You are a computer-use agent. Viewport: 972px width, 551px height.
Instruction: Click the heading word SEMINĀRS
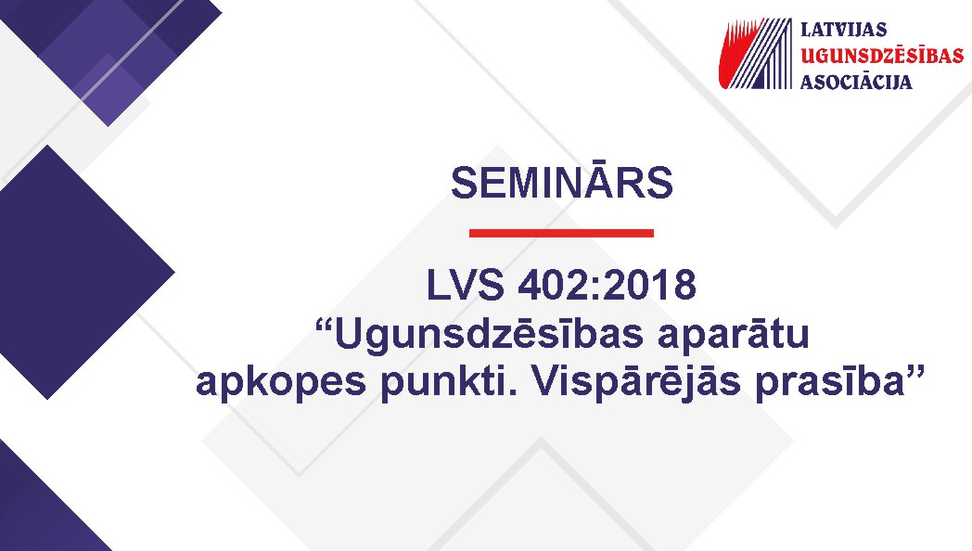click(562, 182)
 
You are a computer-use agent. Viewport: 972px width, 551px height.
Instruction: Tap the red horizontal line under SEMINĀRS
click(562, 233)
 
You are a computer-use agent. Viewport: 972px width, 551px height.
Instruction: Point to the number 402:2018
click(607, 285)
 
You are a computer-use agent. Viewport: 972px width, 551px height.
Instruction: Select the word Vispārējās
click(636, 382)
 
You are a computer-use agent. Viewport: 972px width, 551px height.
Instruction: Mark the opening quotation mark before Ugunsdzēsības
click(325, 325)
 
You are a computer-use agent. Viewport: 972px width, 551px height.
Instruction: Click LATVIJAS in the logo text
click(844, 29)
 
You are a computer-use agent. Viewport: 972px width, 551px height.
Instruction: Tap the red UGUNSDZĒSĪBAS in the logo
click(882, 55)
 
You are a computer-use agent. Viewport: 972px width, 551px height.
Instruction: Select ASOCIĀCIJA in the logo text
click(856, 82)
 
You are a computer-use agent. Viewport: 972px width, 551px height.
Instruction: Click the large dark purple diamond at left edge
click(74, 272)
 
